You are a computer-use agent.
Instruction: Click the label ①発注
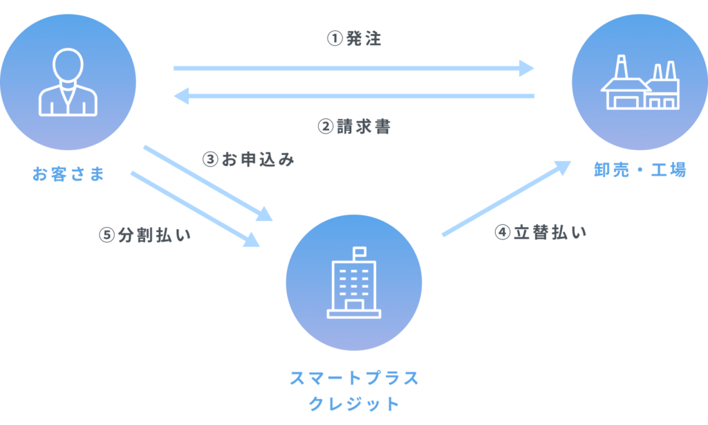pyautogui.click(x=354, y=39)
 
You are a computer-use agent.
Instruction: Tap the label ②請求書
pyautogui.click(x=354, y=127)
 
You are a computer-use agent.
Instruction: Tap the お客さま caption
pyautogui.click(x=68, y=174)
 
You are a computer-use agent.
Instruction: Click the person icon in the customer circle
pyautogui.click(x=68, y=82)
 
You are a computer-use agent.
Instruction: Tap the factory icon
pyautogui.click(x=640, y=84)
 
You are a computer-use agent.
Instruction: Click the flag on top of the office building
pyautogui.click(x=360, y=251)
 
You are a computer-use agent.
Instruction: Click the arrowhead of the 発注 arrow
pyautogui.click(x=527, y=69)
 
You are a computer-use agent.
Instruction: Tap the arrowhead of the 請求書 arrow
pyautogui.click(x=181, y=96)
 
